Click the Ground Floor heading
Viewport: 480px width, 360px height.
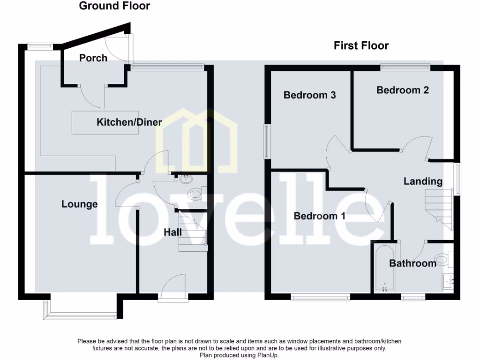click(x=114, y=6)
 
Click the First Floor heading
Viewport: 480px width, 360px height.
click(x=361, y=45)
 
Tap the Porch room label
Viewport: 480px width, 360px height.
click(x=93, y=58)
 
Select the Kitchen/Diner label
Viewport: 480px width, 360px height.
click(x=129, y=122)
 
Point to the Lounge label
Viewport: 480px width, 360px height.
click(x=80, y=204)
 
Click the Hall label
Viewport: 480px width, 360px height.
click(x=172, y=232)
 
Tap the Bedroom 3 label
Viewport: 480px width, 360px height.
click(x=310, y=95)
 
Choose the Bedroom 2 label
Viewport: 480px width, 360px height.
click(x=403, y=90)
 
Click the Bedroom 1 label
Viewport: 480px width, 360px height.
click(x=320, y=216)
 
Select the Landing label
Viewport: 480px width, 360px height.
click(x=423, y=181)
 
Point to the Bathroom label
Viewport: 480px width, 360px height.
click(x=413, y=263)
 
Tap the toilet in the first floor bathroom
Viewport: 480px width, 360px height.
click(x=442, y=258)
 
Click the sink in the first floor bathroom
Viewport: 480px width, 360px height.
click(x=448, y=281)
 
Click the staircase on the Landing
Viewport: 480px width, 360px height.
click(x=438, y=206)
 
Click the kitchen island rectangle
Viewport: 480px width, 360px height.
click(x=105, y=123)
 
